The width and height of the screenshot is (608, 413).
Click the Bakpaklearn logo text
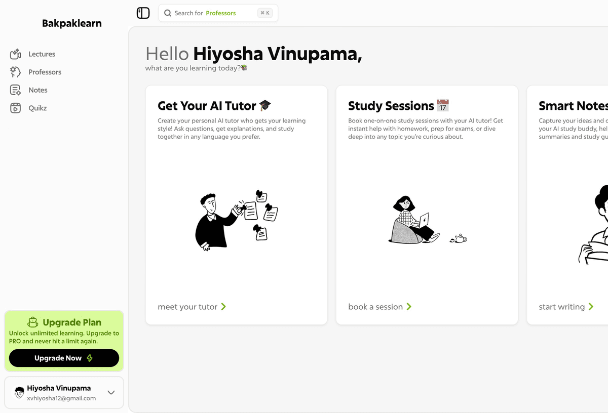pyautogui.click(x=71, y=24)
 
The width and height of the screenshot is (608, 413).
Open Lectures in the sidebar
pyautogui.click(x=42, y=54)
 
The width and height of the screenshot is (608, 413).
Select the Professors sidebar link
pyautogui.click(x=45, y=72)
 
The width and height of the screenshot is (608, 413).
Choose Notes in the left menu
pyautogui.click(x=38, y=90)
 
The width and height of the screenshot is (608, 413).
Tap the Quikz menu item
pyautogui.click(x=37, y=108)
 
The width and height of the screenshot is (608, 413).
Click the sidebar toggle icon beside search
pyautogui.click(x=143, y=13)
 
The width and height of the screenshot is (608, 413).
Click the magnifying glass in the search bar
pyautogui.click(x=168, y=13)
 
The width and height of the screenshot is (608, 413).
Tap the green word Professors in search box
pyautogui.click(x=221, y=13)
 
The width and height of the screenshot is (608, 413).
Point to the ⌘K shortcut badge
pyautogui.click(x=264, y=13)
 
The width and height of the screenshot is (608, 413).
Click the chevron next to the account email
pyautogui.click(x=111, y=392)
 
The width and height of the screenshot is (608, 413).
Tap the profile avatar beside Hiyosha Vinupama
pyautogui.click(x=19, y=392)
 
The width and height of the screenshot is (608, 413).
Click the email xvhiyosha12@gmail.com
pyautogui.click(x=61, y=398)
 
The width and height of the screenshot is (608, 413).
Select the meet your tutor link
pyautogui.click(x=192, y=307)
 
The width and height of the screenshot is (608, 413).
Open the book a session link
pyautogui.click(x=379, y=307)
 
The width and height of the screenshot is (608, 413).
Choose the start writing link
pyautogui.click(x=566, y=307)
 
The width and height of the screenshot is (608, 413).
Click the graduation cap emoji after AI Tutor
pyautogui.click(x=265, y=105)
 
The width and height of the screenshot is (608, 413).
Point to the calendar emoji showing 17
pyautogui.click(x=443, y=105)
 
